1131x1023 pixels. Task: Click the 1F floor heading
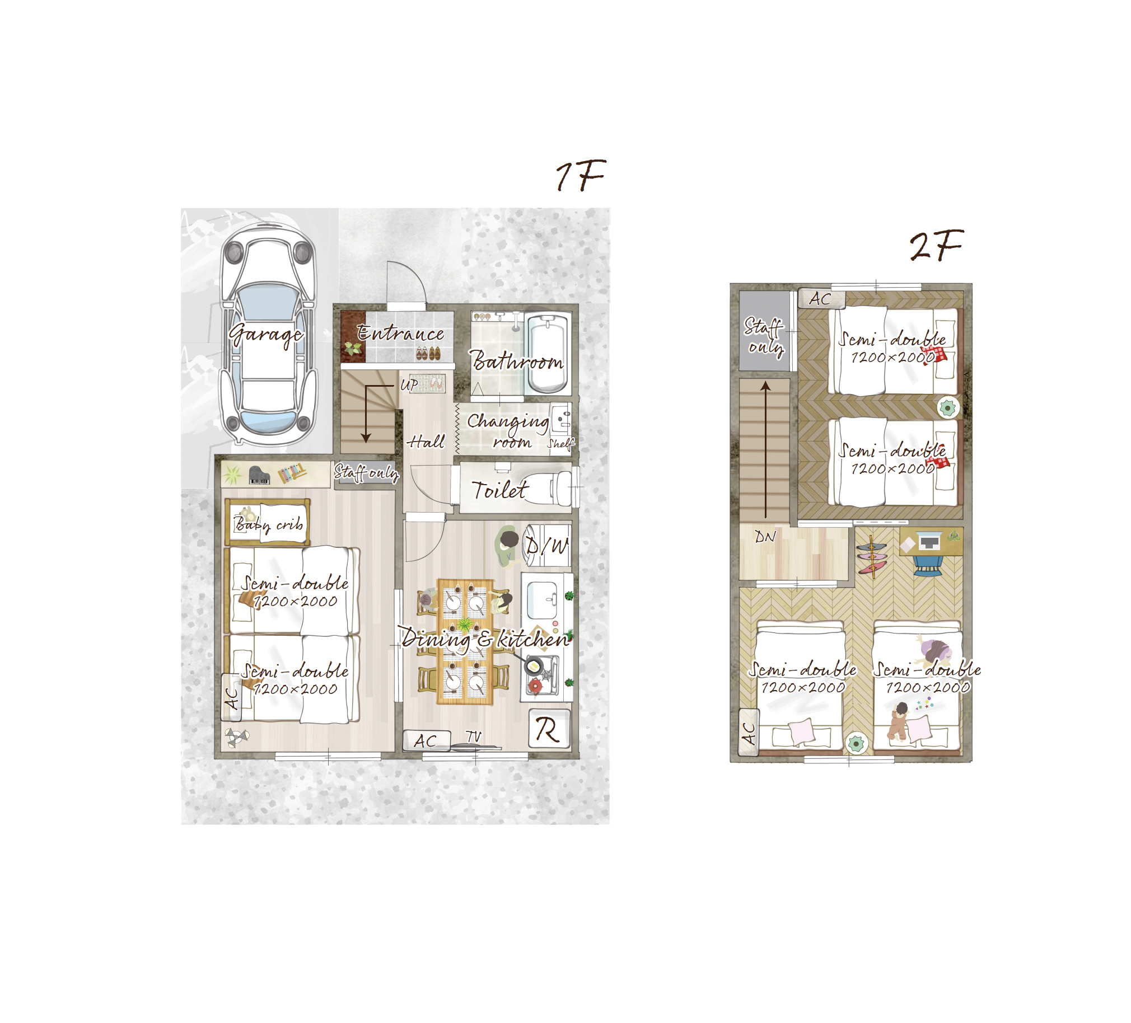(581, 176)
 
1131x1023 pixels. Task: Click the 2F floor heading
(936, 246)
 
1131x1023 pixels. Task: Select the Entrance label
(400, 333)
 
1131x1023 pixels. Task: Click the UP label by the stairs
(409, 385)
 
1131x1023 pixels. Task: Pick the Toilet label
(499, 490)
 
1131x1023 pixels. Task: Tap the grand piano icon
(259, 475)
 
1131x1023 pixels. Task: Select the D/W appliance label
(547, 545)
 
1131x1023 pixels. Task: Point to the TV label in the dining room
(474, 736)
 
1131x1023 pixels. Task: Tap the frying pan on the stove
(532, 667)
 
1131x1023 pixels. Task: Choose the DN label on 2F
(765, 537)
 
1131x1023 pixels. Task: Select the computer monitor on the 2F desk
(929, 541)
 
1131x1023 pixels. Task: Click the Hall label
(426, 442)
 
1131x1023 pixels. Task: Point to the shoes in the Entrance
(428, 353)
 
